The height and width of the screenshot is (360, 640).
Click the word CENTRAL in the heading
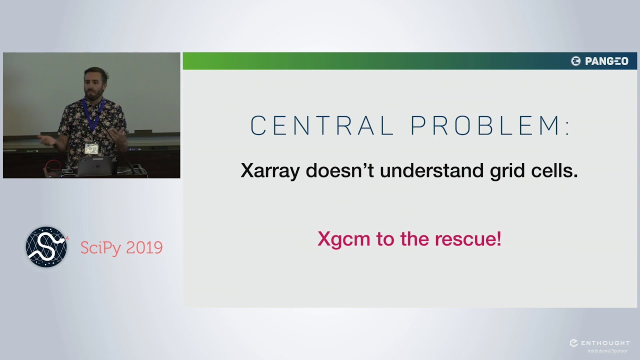(322, 126)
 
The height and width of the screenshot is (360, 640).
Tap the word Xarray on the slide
(270, 171)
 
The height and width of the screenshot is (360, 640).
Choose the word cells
(555, 171)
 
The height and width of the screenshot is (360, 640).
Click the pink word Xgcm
(344, 239)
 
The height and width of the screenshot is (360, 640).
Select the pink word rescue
(467, 239)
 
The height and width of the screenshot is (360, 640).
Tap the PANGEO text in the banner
(606, 61)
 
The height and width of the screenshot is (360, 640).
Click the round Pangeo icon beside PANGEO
(576, 61)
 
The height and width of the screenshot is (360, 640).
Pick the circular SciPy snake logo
(46, 247)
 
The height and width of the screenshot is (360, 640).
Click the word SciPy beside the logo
(100, 247)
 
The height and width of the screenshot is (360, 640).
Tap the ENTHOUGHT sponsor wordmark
(604, 343)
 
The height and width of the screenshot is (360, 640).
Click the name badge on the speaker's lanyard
(91, 148)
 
